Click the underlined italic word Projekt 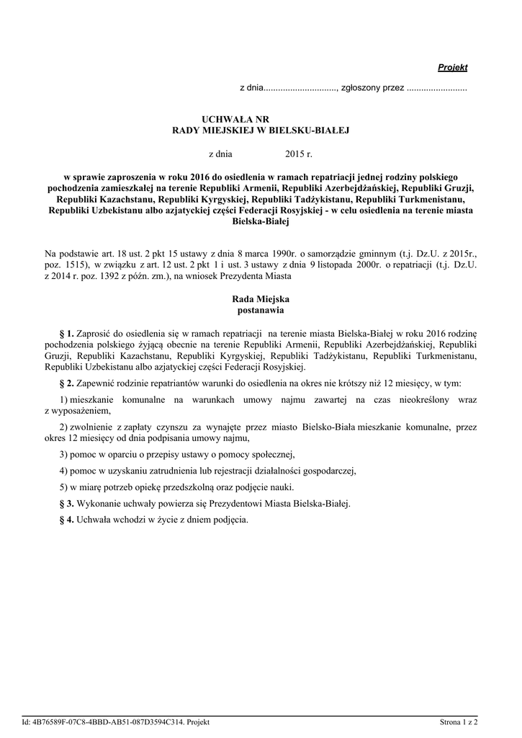(x=453, y=68)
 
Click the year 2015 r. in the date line (x=299, y=154)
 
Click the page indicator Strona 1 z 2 (x=459, y=721)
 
